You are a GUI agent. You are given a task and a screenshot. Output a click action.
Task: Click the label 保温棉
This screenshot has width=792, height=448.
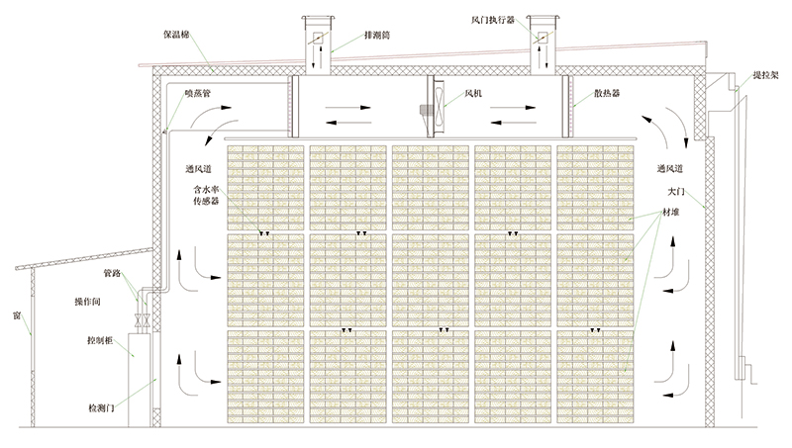(x=179, y=34)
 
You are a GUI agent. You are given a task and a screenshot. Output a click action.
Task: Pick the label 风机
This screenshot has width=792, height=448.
(x=472, y=95)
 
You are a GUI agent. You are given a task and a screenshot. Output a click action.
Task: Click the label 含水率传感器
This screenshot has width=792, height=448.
(x=206, y=194)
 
